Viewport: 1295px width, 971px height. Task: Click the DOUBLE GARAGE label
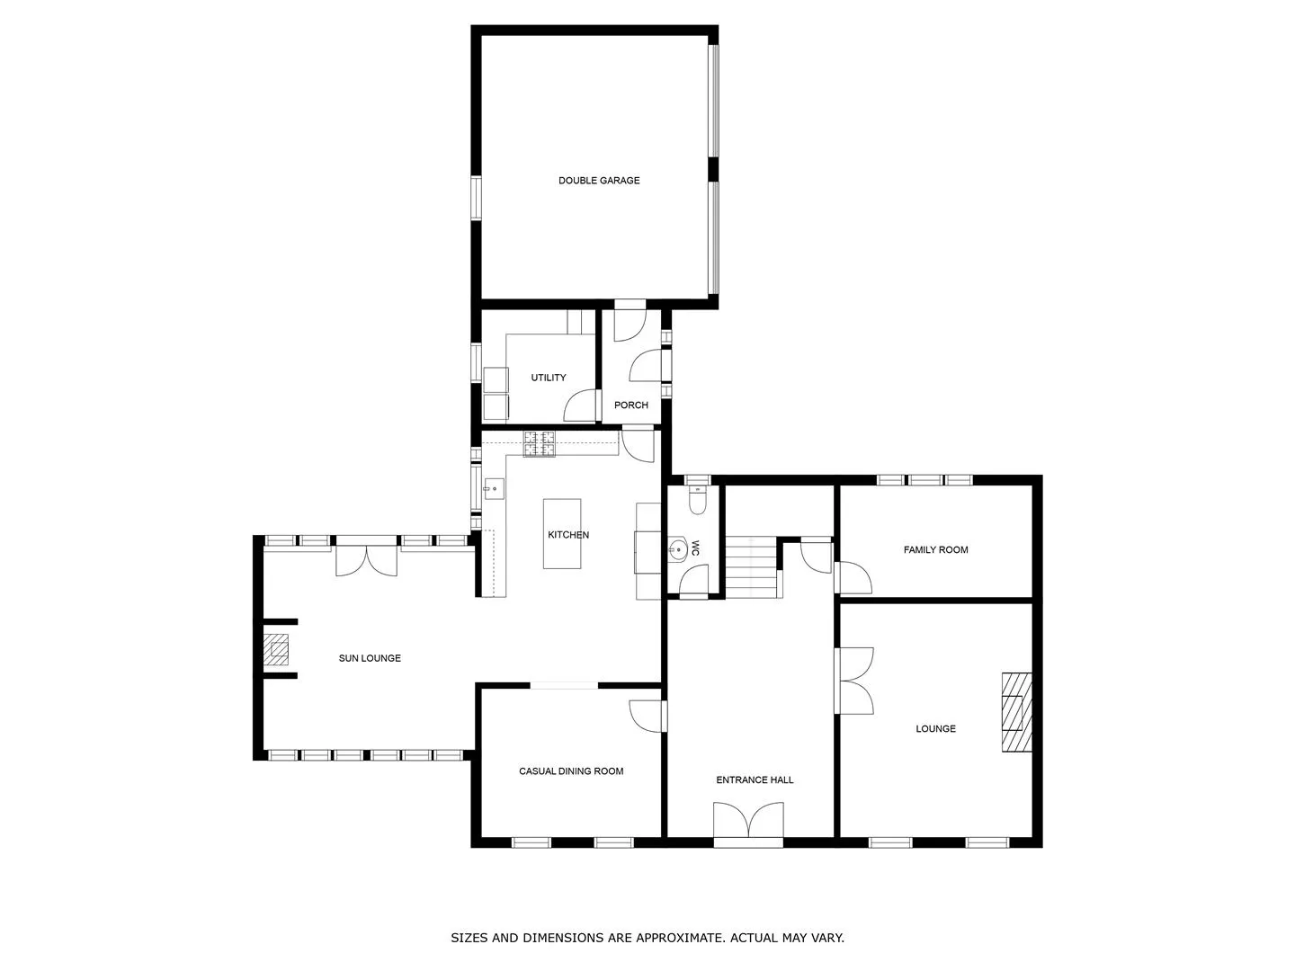tap(599, 181)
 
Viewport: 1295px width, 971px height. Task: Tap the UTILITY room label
tap(548, 378)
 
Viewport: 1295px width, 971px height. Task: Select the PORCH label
tap(630, 405)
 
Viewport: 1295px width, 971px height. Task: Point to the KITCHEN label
tap(568, 535)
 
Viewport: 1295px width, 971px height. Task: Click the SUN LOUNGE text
tap(370, 658)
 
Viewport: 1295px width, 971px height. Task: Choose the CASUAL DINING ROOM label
tap(570, 771)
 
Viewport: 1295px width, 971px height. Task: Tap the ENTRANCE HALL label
tap(754, 780)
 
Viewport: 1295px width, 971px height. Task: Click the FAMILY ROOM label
tap(935, 550)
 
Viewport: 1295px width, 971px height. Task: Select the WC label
tap(695, 548)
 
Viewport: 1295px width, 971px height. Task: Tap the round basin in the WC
tap(678, 550)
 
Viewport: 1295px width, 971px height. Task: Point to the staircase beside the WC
tap(752, 567)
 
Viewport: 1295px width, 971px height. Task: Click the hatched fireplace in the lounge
tap(1016, 712)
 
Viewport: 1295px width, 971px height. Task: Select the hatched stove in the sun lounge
tap(275, 650)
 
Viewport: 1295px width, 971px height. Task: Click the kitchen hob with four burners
tap(540, 444)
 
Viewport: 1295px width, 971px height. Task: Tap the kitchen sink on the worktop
tap(494, 489)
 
